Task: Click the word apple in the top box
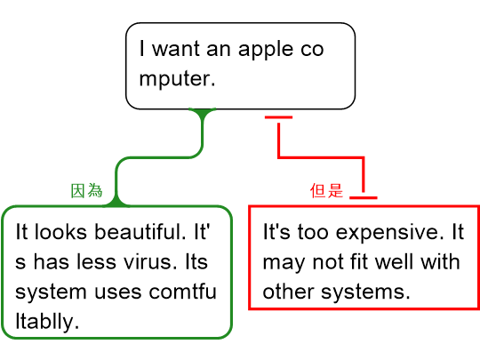(x=265, y=50)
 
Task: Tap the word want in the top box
(x=176, y=49)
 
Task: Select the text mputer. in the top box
(x=177, y=80)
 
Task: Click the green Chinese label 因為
(x=86, y=191)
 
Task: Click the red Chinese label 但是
(x=326, y=190)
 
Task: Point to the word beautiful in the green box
(x=140, y=231)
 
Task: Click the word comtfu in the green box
(x=183, y=292)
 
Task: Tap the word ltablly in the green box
(x=47, y=322)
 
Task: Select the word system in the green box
(x=51, y=292)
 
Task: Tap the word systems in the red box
(x=365, y=292)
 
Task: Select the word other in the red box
(x=288, y=292)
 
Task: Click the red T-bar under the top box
(x=278, y=117)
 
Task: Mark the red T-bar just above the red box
(x=364, y=197)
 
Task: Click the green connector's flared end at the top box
(x=203, y=113)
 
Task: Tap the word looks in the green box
(x=60, y=231)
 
